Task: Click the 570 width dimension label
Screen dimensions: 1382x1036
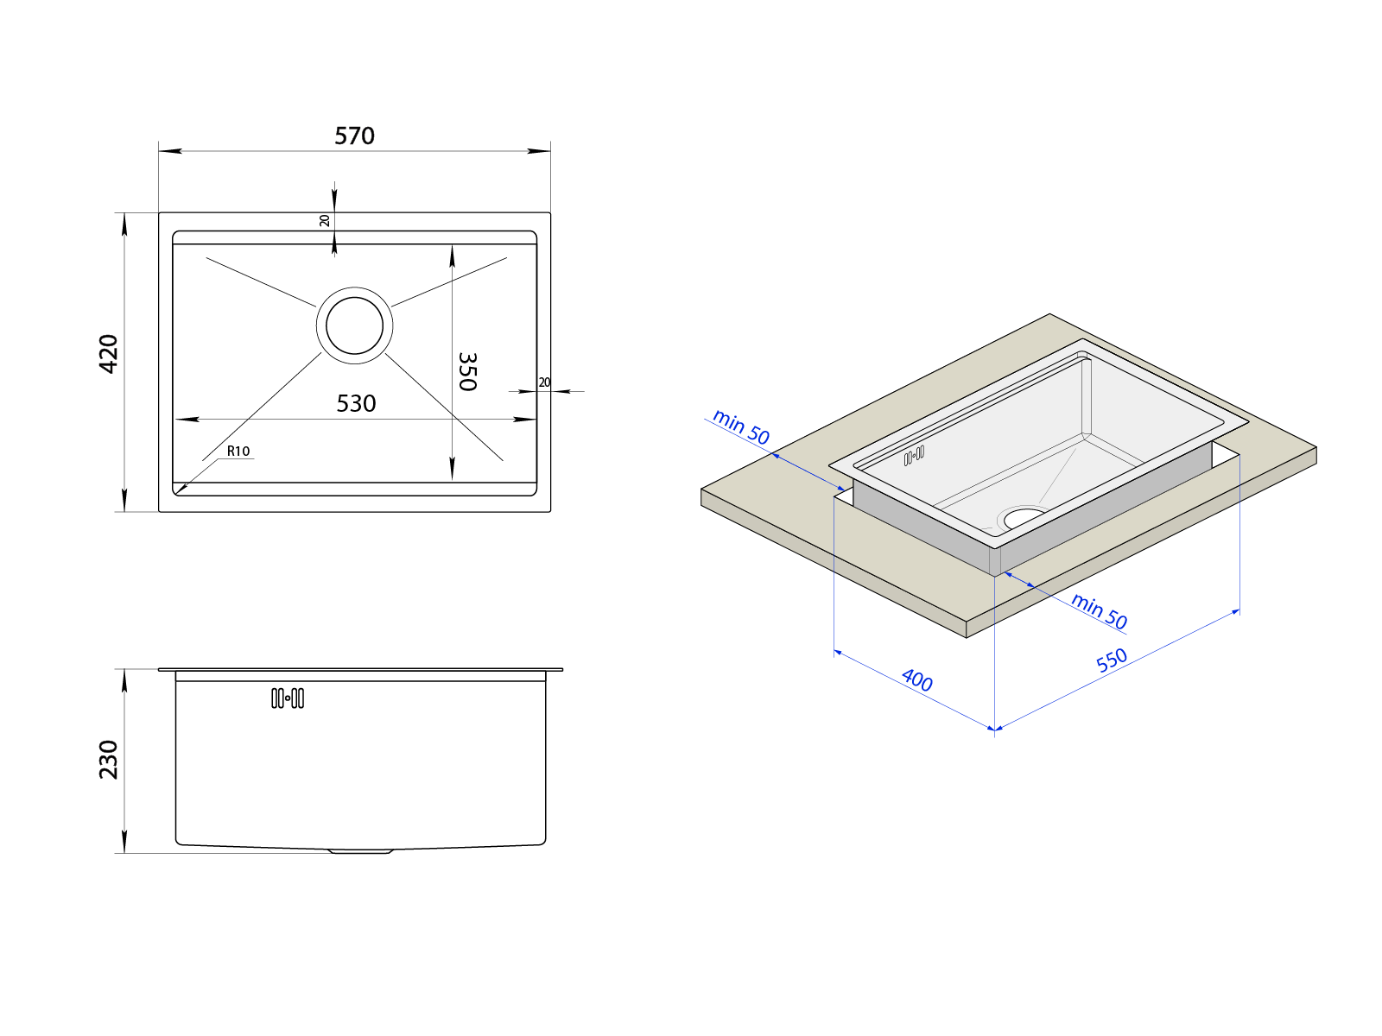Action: tap(354, 136)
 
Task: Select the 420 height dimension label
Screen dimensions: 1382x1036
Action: tap(109, 354)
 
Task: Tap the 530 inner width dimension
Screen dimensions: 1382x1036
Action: tap(356, 403)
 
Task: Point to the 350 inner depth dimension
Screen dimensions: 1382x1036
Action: tap(467, 372)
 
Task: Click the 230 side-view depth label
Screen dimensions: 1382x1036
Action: tap(109, 760)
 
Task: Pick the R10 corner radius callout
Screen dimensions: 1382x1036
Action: tap(238, 451)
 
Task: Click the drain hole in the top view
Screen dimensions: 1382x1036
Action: tap(354, 325)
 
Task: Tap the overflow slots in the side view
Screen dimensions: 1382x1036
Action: tap(288, 698)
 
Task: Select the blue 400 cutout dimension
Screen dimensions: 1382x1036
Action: tap(916, 680)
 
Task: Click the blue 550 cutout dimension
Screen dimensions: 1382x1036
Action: tap(1112, 660)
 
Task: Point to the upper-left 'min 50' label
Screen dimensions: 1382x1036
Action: tap(740, 427)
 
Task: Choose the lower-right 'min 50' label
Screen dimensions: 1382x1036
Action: tap(1099, 610)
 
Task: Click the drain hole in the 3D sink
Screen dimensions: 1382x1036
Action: tap(1025, 518)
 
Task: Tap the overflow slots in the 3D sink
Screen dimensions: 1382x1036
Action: tap(914, 456)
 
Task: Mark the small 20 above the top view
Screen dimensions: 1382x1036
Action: tap(324, 221)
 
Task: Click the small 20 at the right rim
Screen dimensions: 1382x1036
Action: tap(545, 382)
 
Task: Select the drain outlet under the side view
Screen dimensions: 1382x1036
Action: tap(361, 851)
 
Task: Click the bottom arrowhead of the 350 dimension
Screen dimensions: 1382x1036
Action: tap(452, 470)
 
